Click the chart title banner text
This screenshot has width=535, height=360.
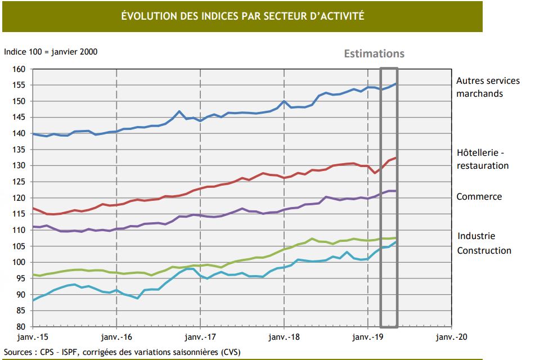(242, 16)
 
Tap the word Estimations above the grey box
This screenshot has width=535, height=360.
(374, 54)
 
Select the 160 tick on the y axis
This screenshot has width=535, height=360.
(20, 69)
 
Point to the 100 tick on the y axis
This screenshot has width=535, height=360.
(20, 262)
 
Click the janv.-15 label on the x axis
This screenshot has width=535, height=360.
(33, 336)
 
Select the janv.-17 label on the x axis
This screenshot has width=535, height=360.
(200, 336)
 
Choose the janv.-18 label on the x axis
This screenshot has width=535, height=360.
(284, 336)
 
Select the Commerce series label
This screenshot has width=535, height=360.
(479, 197)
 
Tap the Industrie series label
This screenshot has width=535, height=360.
(476, 236)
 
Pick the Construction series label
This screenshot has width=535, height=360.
(484, 250)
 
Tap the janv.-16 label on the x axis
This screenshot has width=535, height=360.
(116, 336)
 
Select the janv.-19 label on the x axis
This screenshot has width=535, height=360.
(368, 336)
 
